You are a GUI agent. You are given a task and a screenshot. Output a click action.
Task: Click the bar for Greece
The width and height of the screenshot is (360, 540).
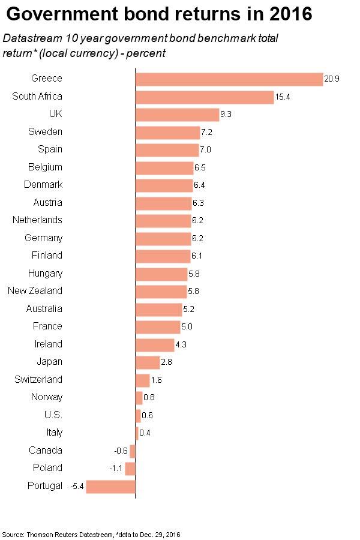[x=229, y=79]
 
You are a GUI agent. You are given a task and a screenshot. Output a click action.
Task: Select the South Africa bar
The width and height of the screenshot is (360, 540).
[x=205, y=97]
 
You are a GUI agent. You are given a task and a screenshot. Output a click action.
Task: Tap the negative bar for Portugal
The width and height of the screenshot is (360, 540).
[x=110, y=486]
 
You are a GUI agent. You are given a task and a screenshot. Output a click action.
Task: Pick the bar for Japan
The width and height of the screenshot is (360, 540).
[x=148, y=362]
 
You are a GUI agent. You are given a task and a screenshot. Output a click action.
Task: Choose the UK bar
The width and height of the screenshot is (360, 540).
[x=177, y=115]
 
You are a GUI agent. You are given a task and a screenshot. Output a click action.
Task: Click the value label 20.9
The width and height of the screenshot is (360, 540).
[x=332, y=79]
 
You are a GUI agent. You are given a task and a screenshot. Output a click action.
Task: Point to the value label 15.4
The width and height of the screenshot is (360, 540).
[x=283, y=97]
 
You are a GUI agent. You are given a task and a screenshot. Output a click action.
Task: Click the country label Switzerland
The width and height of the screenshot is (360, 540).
[x=38, y=379]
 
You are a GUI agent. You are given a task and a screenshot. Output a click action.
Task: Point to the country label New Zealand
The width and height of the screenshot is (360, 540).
[x=34, y=291]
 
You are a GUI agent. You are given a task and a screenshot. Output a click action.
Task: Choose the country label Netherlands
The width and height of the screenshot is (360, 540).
[x=37, y=220]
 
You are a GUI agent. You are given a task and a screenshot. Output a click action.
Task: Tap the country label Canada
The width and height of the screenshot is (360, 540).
[x=46, y=450]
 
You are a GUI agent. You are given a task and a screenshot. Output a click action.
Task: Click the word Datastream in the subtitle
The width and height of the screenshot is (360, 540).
[x=30, y=37]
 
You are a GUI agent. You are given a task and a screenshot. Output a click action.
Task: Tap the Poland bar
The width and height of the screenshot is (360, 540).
[x=130, y=468]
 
